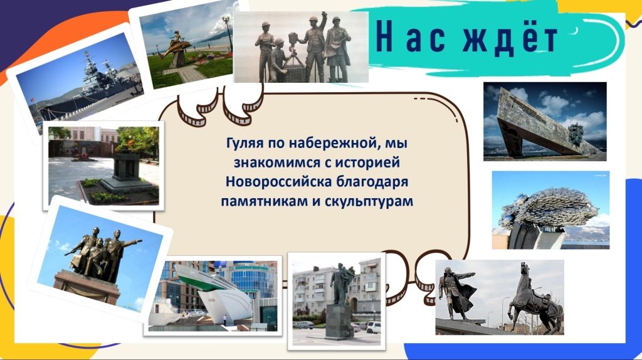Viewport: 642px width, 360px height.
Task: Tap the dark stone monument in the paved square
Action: click(128, 169)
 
